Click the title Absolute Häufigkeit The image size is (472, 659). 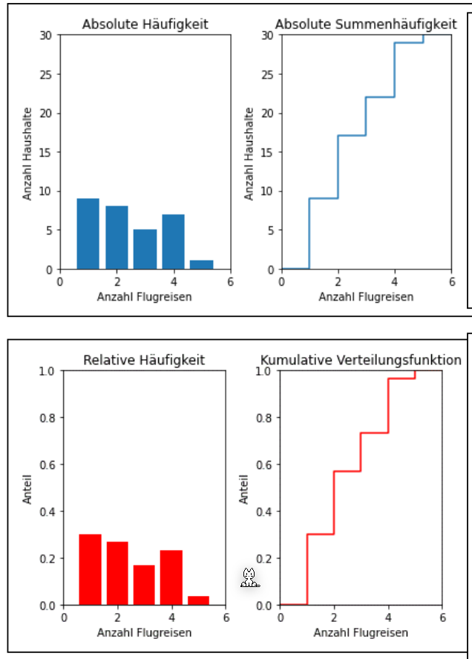click(x=145, y=24)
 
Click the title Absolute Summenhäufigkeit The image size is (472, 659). click(x=366, y=24)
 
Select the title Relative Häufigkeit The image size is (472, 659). click(x=144, y=361)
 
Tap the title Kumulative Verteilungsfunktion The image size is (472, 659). click(x=361, y=361)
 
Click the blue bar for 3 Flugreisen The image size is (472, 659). click(x=145, y=249)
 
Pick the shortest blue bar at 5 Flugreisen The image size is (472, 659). click(x=202, y=264)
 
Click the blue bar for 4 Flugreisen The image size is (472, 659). click(x=173, y=241)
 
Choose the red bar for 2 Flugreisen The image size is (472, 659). click(x=117, y=573)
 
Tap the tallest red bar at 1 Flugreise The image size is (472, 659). click(x=90, y=569)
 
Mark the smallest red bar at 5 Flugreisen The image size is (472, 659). click(x=198, y=600)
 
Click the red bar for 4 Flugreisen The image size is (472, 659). click(x=171, y=577)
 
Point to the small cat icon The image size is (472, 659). click(x=249, y=577)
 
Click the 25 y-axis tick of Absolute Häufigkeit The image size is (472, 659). click(x=47, y=74)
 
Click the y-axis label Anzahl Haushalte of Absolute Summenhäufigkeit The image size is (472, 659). click(x=249, y=153)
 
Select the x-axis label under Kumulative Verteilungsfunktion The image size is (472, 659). click(x=361, y=633)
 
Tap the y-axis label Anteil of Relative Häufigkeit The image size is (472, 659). click(x=27, y=489)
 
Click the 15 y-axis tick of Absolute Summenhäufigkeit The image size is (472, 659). click(x=268, y=152)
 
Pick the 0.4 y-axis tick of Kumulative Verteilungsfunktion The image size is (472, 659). click(x=265, y=511)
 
